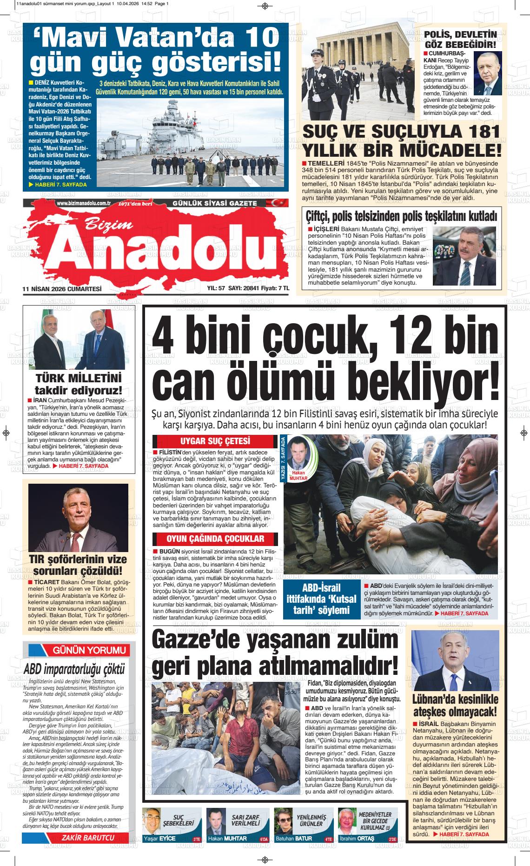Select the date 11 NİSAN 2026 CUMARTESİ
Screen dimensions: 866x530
coord(62,288)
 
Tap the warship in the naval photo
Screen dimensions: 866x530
coord(181,126)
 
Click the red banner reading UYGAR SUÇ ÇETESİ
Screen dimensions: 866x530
coord(215,441)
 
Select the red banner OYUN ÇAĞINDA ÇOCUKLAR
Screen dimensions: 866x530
coord(215,539)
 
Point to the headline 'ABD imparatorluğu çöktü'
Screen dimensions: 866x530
coord(74,669)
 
